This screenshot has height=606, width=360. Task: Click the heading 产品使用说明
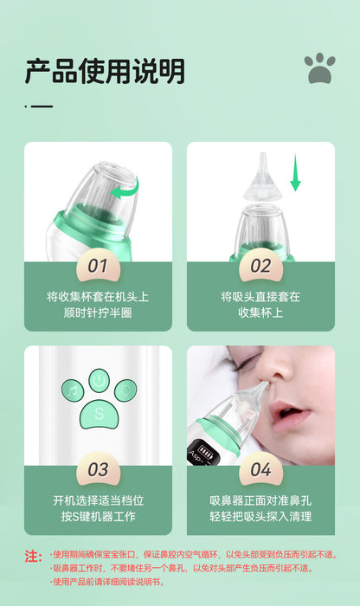tap(105, 72)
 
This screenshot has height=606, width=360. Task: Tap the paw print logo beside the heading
tap(319, 68)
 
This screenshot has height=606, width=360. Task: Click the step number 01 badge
tap(98, 267)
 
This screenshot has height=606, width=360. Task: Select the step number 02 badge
tap(260, 267)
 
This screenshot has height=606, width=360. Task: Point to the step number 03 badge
tap(98, 470)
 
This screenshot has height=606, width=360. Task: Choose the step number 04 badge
tap(260, 470)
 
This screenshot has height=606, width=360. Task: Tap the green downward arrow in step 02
tap(295, 172)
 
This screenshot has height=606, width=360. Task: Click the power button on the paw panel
tap(99, 381)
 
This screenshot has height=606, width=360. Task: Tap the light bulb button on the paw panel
tap(125, 390)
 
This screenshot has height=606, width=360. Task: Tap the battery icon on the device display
tap(205, 450)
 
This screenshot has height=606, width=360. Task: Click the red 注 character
tap(33, 557)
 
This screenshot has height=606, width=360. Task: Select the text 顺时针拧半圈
tap(98, 313)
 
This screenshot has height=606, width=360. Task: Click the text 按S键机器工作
tap(98, 516)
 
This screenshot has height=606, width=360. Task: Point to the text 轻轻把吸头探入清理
tap(260, 516)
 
